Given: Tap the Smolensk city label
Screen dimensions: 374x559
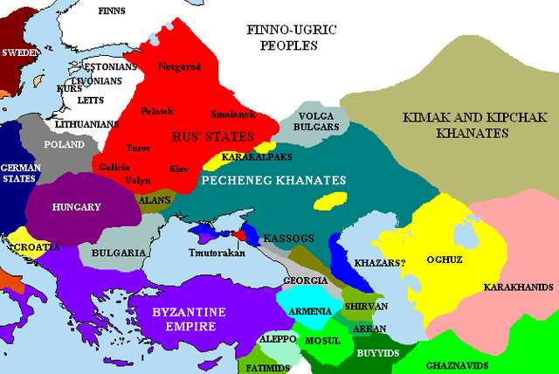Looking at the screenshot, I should pyautogui.click(x=232, y=114).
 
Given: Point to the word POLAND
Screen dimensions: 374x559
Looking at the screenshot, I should pyautogui.click(x=65, y=144).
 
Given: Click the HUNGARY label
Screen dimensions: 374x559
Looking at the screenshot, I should pyautogui.click(x=77, y=207).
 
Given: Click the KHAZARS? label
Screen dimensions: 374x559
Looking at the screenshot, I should pyautogui.click(x=380, y=261).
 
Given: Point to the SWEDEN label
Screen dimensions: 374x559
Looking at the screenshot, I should pyautogui.click(x=20, y=52).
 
